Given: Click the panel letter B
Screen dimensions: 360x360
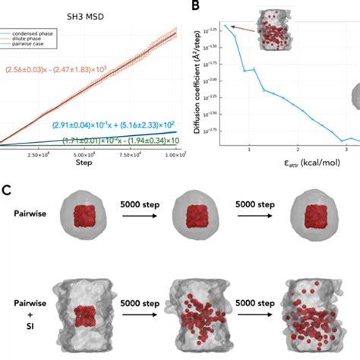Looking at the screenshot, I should point(197,7).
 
